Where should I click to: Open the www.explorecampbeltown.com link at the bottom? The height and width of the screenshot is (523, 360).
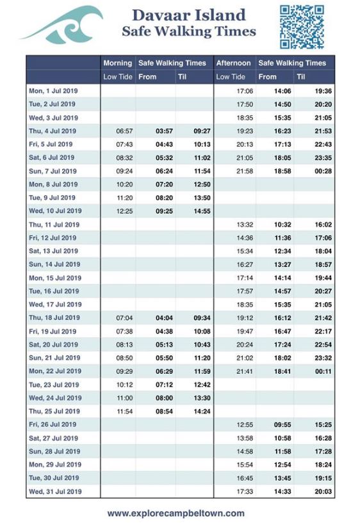click(x=176, y=513)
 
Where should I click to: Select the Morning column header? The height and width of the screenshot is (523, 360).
click(x=118, y=63)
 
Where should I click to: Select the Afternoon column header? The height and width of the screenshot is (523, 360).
click(x=233, y=63)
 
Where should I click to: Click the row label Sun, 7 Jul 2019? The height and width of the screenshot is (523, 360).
click(x=54, y=171)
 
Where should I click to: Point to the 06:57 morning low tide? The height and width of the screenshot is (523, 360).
click(x=124, y=131)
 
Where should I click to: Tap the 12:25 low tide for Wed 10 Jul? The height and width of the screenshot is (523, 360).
click(x=124, y=211)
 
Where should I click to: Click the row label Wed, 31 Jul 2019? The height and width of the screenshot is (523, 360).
click(x=55, y=492)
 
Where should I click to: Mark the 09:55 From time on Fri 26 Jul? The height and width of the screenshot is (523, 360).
click(x=282, y=424)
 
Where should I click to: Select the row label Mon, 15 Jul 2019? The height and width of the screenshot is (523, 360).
click(x=55, y=278)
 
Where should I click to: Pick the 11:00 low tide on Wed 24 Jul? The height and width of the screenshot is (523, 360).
click(x=124, y=398)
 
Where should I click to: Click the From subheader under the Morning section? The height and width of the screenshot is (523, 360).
click(x=147, y=77)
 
